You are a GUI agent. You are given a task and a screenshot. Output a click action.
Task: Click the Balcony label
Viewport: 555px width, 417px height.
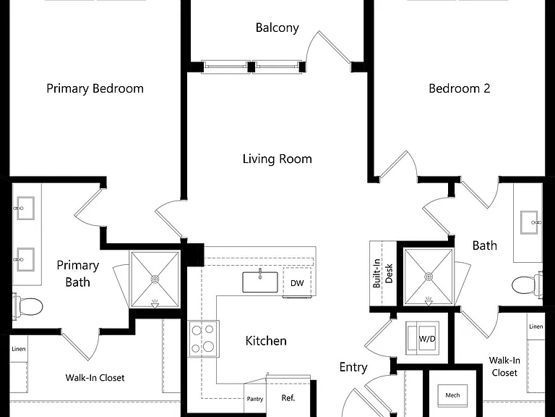[277, 28]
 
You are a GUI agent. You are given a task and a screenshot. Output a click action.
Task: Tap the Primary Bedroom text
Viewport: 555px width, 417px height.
[95, 88]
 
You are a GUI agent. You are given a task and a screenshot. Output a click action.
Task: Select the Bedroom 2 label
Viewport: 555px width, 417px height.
[460, 88]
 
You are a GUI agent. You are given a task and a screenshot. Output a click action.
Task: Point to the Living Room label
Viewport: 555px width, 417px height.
[277, 159]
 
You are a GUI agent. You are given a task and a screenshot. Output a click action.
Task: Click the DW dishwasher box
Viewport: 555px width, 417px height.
[297, 282]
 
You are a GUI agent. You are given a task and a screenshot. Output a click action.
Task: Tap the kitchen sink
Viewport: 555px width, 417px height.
[260, 282]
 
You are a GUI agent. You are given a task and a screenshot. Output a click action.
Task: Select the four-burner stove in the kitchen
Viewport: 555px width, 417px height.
[204, 339]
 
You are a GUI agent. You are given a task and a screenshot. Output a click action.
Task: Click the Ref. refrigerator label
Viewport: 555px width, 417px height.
[288, 398]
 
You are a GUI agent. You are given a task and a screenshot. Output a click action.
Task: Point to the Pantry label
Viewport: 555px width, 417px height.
[255, 399]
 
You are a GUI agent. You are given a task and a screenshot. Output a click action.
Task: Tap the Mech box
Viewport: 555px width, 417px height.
[452, 395]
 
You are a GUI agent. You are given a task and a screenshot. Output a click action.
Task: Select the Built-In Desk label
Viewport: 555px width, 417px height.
[382, 273]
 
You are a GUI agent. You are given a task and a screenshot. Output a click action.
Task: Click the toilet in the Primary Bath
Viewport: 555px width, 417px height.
[27, 306]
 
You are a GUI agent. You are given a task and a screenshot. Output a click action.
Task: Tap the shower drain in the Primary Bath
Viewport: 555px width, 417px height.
[155, 279]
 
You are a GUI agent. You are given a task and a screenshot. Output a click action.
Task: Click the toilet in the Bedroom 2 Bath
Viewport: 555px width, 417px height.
[527, 285]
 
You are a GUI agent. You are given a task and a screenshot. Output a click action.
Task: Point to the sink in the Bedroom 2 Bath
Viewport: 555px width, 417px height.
[530, 222]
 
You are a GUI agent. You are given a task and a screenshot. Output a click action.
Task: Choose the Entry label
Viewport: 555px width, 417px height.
[353, 367]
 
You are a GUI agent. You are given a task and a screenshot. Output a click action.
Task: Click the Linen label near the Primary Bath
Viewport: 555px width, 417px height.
[18, 349]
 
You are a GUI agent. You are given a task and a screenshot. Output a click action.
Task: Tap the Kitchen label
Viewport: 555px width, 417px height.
[266, 341]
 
